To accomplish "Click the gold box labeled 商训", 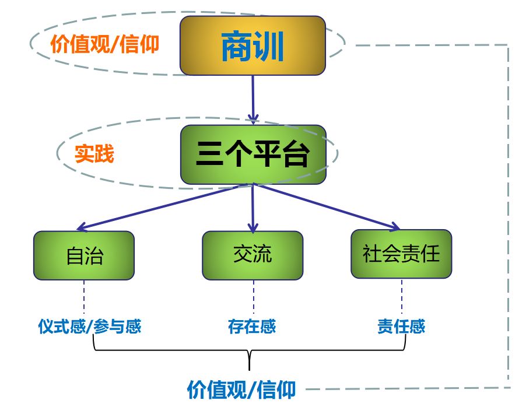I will pos(252,45).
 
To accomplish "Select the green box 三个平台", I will pos(253,155).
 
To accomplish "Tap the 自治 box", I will pos(84,255).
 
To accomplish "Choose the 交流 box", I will pos(253,255).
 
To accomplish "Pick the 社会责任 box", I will pos(401,254).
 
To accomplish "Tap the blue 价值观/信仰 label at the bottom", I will pos(241,389).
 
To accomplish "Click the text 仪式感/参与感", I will pos(90,326).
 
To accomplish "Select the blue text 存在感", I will pos(252,326).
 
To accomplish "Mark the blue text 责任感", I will pos(401,326).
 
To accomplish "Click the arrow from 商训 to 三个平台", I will pos(253,99).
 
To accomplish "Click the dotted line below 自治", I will pos(84,297).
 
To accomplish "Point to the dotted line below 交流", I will pos(253,297).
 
